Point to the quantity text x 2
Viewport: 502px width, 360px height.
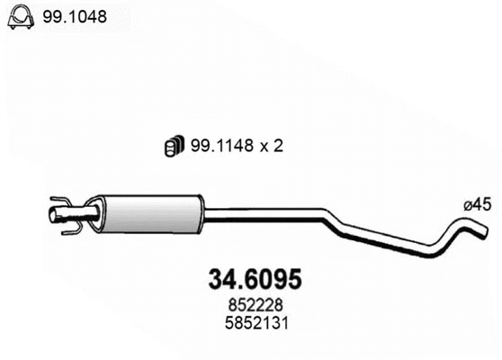270,145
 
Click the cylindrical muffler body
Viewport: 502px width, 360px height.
151,213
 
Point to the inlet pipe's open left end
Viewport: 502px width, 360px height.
51,214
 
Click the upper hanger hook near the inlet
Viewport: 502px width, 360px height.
61,202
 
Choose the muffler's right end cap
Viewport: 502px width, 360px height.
201,213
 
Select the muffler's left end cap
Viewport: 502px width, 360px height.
103,214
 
